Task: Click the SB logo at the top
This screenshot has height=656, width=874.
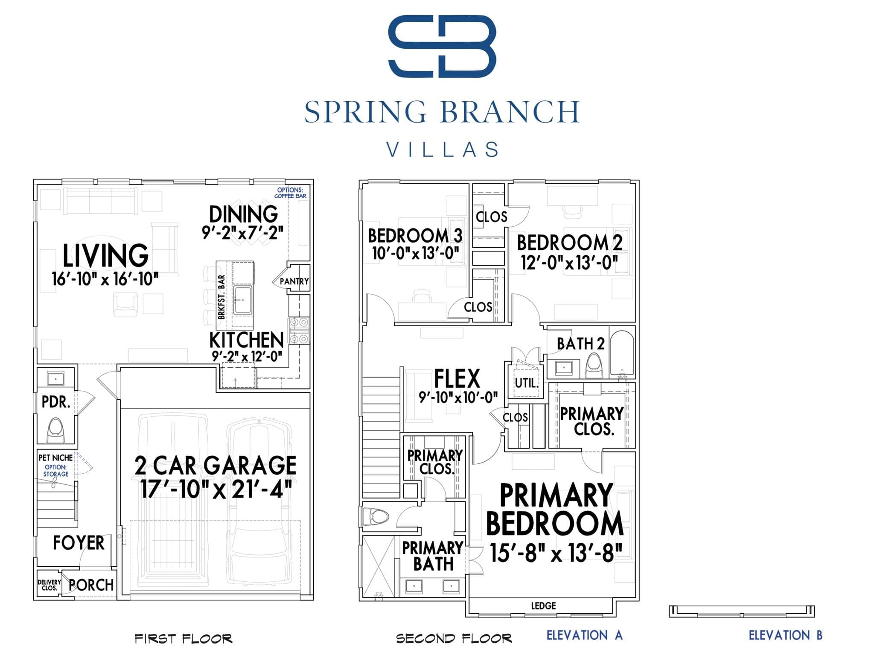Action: [442, 46]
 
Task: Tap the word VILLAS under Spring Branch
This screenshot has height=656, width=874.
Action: [442, 149]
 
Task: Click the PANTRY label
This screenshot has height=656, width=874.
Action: [294, 281]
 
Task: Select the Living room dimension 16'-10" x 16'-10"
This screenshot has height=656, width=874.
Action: [105, 279]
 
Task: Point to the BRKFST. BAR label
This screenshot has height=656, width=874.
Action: [221, 297]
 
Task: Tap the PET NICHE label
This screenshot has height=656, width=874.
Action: [55, 457]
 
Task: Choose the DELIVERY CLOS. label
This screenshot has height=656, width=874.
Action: [49, 585]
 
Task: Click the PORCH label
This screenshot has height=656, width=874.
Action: [91, 585]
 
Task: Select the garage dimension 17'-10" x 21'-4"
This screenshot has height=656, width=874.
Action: [216, 489]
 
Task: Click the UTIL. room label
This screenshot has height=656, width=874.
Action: [526, 383]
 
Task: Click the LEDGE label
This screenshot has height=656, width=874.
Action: [543, 606]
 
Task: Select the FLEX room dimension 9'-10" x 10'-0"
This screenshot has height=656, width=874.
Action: [458, 398]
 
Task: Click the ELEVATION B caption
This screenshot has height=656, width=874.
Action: [786, 635]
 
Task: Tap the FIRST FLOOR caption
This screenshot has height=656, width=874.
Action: [184, 638]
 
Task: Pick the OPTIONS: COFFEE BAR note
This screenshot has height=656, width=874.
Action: [290, 193]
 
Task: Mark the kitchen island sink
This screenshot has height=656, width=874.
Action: [243, 300]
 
